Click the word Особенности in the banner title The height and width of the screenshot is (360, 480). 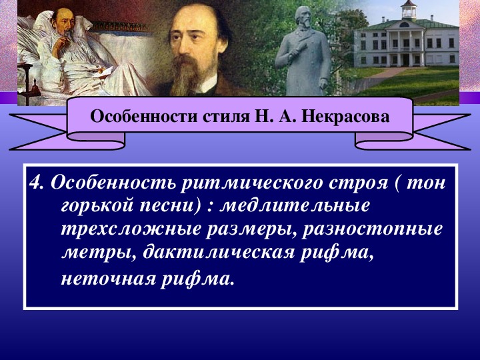[x=143, y=117]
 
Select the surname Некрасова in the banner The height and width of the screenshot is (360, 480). [x=345, y=117]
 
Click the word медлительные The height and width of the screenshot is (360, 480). [x=295, y=205]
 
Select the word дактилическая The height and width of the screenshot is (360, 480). [x=218, y=253]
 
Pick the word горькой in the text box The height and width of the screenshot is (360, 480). [x=97, y=206]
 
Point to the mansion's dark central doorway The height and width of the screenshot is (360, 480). [x=406, y=59]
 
